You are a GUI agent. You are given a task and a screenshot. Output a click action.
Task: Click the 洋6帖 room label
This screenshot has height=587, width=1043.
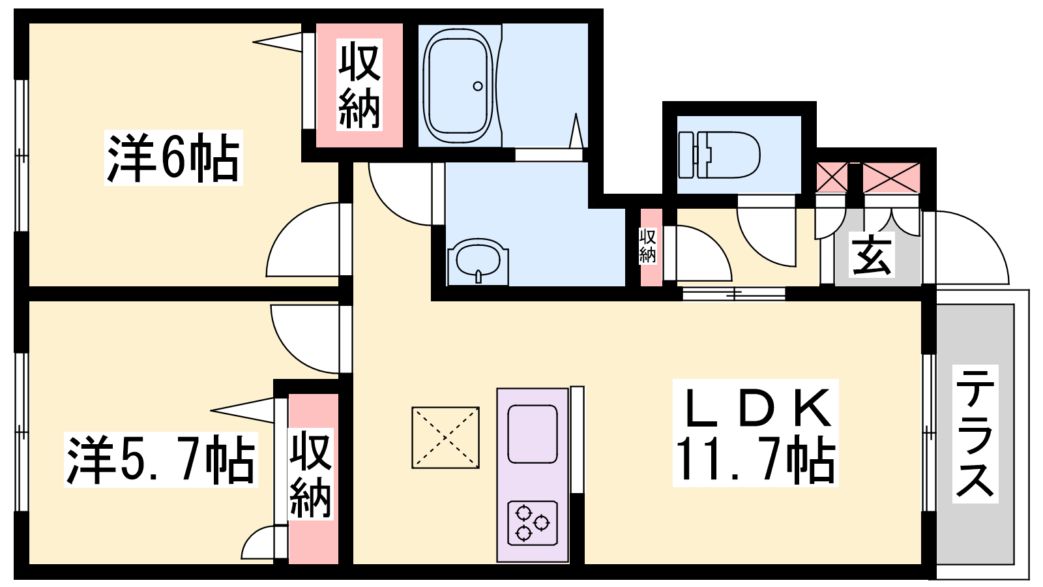pyautogui.click(x=173, y=158)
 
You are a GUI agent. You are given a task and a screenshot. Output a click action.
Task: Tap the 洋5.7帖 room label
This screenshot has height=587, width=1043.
pyautogui.click(x=160, y=459)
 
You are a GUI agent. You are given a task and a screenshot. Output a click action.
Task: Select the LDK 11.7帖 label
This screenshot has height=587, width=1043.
pyautogui.click(x=756, y=433)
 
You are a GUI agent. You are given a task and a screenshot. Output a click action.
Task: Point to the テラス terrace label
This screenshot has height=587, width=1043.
pyautogui.click(x=975, y=434)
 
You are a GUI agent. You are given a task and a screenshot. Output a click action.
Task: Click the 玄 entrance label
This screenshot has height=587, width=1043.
pyautogui.click(x=871, y=254)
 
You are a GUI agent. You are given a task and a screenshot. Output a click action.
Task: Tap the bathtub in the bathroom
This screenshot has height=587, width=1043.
pyautogui.click(x=459, y=87)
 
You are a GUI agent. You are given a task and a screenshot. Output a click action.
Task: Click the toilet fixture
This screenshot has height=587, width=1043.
pyautogui.click(x=719, y=155)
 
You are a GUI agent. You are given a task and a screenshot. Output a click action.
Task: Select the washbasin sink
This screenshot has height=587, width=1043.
pyautogui.click(x=478, y=262)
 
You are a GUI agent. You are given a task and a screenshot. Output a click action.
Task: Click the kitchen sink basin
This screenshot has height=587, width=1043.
pyautogui.click(x=532, y=434)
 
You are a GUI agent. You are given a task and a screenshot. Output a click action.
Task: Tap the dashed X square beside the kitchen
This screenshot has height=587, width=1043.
pyautogui.click(x=446, y=438)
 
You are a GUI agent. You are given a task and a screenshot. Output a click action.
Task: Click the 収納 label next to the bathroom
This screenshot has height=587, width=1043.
pyautogui.click(x=359, y=84)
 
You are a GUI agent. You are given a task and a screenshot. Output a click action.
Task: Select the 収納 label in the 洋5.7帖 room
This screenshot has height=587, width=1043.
pyautogui.click(x=310, y=474)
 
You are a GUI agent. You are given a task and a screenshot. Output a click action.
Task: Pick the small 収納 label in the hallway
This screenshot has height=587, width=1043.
pyautogui.click(x=647, y=246)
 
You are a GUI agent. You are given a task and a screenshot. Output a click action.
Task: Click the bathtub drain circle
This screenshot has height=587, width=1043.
pyautogui.click(x=478, y=86)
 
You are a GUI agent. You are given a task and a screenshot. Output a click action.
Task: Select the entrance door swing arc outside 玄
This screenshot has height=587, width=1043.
pyautogui.click(x=987, y=233)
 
